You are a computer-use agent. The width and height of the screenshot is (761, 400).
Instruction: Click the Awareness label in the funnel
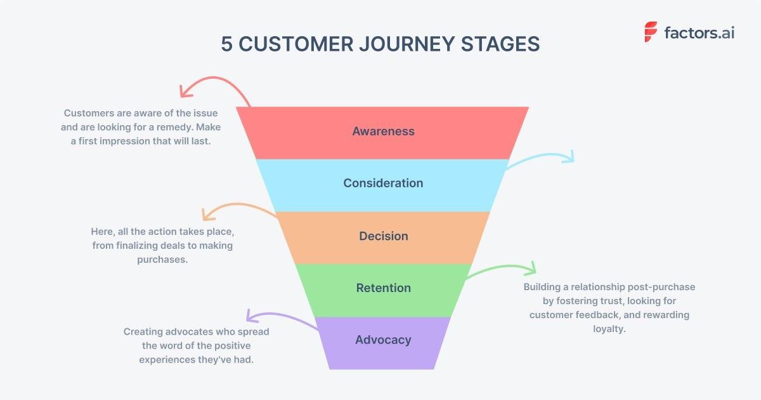pos(383,131)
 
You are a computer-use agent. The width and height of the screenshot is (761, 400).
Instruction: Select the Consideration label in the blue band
pos(383,183)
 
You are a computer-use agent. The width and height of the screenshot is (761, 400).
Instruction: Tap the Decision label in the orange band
pos(383,236)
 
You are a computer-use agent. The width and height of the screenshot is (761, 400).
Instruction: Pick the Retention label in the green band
pos(383,288)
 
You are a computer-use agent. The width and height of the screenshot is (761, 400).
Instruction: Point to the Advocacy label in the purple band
pos(383,340)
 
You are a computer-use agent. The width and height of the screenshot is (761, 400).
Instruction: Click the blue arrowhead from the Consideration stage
pos(569,156)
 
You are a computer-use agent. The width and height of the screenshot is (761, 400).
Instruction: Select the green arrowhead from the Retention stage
pos(531,267)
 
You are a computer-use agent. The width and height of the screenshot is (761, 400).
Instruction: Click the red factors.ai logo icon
pos(651,32)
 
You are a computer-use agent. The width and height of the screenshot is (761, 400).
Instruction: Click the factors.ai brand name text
pos(699,32)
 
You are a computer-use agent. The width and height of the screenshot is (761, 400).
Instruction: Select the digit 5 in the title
pos(226,44)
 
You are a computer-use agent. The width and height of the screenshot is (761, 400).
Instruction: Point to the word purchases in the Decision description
pos(162,260)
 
